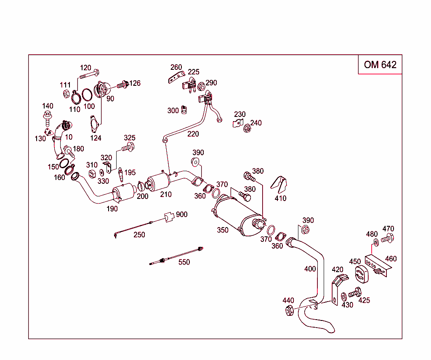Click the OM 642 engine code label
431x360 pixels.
click(x=380, y=64)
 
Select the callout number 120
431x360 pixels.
click(x=85, y=68)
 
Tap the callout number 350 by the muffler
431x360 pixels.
click(x=223, y=230)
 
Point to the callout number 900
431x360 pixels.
click(x=181, y=214)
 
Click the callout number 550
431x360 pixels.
click(x=184, y=262)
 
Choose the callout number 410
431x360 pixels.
click(x=280, y=198)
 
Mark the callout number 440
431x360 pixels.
click(x=288, y=300)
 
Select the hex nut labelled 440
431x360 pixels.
click(x=289, y=311)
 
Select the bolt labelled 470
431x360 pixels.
click(x=387, y=239)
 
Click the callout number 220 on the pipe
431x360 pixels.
click(x=193, y=134)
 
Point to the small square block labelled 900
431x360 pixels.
click(x=169, y=217)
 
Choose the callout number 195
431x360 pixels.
click(x=130, y=172)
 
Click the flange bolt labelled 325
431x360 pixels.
click(x=128, y=148)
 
